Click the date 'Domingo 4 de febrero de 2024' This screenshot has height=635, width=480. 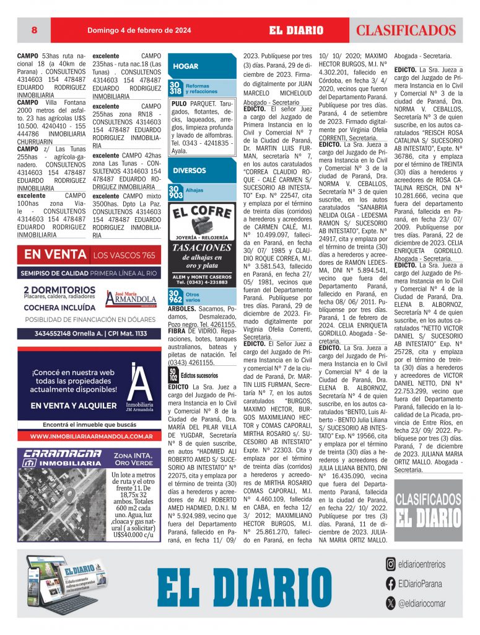pyautogui.click(x=139, y=30)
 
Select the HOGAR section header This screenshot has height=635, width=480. pyautogui.click(x=186, y=66)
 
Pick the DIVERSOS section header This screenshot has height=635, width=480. pyautogui.click(x=190, y=170)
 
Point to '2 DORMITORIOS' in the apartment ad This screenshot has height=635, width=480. pyautogui.click(x=59, y=290)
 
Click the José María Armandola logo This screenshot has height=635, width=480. pyautogui.click(x=131, y=298)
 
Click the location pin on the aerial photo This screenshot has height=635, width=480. pyautogui.click(x=70, y=495)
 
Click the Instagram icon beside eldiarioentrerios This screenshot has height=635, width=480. pyautogui.click(x=390, y=564)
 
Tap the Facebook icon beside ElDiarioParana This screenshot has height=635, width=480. pyautogui.click(x=390, y=583)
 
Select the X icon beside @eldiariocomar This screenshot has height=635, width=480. pyautogui.click(x=390, y=602)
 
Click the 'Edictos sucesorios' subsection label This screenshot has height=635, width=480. pyautogui.click(x=199, y=376)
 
